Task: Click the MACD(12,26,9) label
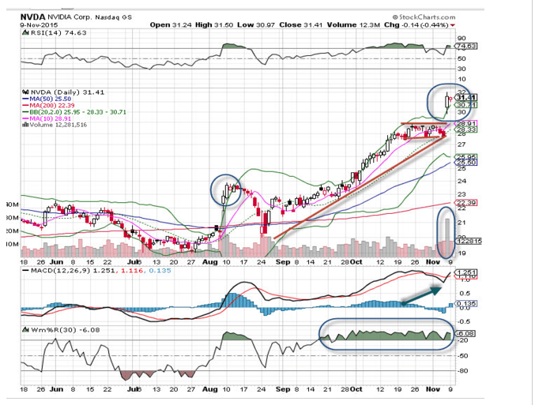pyautogui.click(x=49, y=271)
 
